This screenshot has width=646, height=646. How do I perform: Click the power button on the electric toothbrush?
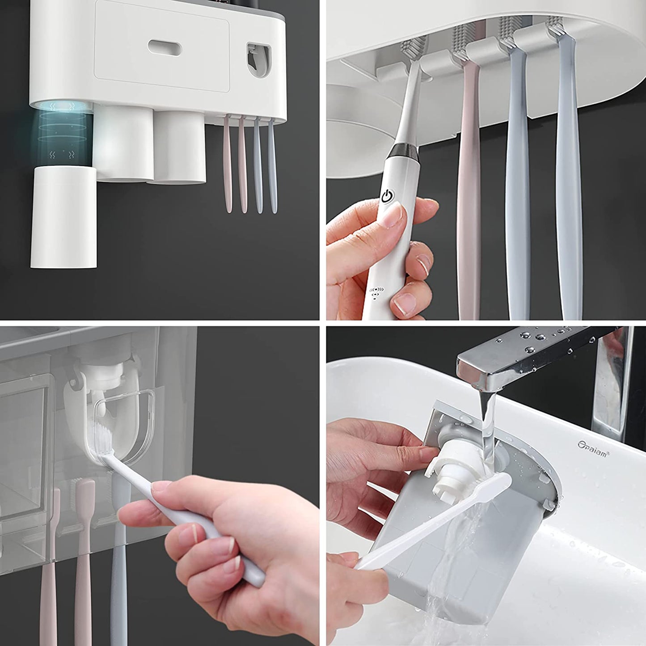coord(387,195)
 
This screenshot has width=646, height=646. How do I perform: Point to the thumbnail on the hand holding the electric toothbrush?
coord(393,218)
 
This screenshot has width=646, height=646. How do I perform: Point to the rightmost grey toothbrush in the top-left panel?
coord(272,165)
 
